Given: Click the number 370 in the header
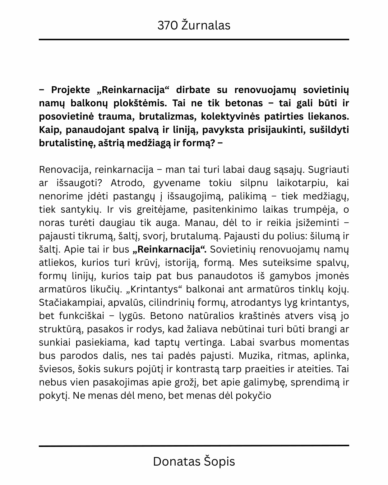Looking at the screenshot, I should click(168, 26).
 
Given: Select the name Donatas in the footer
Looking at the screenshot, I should click(174, 461).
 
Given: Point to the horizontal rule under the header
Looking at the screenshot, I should click(194, 40).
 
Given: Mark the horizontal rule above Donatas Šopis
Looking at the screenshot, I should click(194, 446).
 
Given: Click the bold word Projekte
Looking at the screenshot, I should click(71, 90).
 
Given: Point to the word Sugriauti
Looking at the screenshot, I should click(328, 170).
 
